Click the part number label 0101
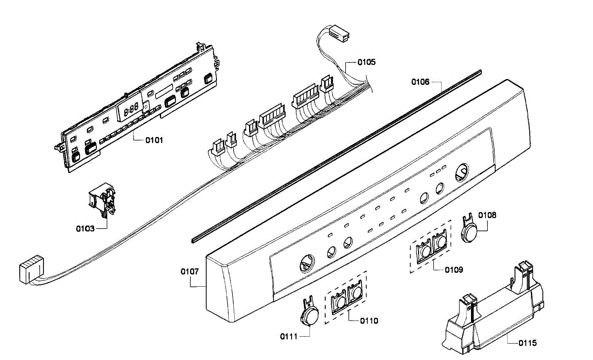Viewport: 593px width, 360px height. (x=154, y=140)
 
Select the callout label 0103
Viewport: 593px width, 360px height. (x=85, y=228)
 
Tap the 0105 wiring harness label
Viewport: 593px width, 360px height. (x=366, y=62)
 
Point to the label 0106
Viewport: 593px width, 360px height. (x=421, y=82)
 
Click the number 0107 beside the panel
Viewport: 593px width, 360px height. (x=190, y=271)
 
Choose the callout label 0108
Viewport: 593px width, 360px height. (x=487, y=215)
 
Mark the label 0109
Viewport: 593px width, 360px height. (x=454, y=270)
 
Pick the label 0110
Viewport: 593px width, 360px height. (x=369, y=320)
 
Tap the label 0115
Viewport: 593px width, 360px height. (x=527, y=343)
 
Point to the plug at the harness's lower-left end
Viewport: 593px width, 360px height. (x=30, y=271)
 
